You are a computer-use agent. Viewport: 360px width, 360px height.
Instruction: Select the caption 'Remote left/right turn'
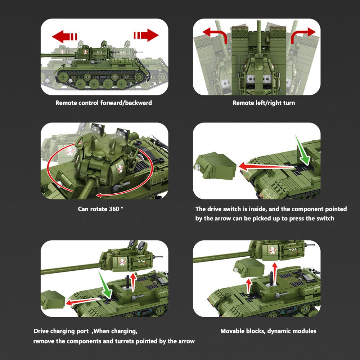tap(264, 103)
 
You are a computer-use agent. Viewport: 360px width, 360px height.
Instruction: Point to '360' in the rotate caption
tap(114, 209)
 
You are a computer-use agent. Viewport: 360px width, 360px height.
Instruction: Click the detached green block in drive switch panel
tap(215, 165)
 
